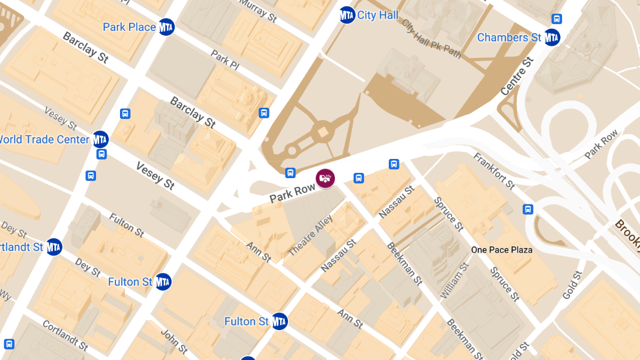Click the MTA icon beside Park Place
(x=166, y=27)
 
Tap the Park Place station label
(x=129, y=27)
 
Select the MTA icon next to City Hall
(x=347, y=15)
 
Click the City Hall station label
(x=378, y=15)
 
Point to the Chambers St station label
(x=509, y=37)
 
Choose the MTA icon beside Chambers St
(x=552, y=37)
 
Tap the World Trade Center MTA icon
(x=100, y=139)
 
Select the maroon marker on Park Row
(x=325, y=178)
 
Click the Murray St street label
(x=258, y=10)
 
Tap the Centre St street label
(x=517, y=76)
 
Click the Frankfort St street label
(x=494, y=171)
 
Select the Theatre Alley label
(x=310, y=235)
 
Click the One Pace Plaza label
(x=501, y=250)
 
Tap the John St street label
(x=174, y=342)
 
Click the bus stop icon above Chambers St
(x=557, y=19)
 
